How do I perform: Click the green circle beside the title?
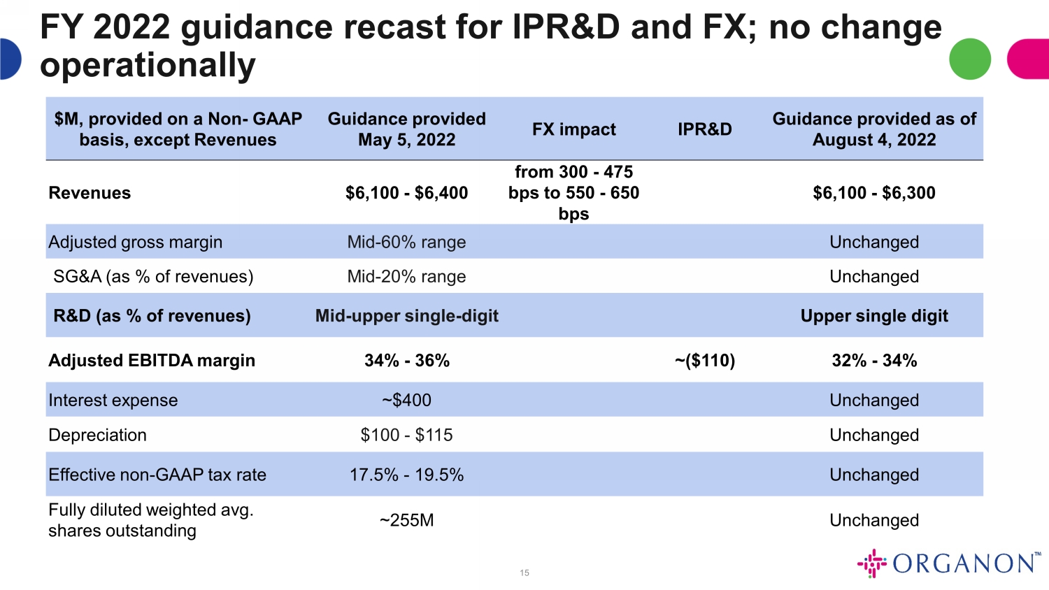pyautogui.click(x=970, y=59)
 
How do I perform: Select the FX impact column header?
pyautogui.click(x=573, y=129)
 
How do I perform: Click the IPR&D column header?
pyautogui.click(x=705, y=129)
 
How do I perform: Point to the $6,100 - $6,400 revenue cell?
pyautogui.click(x=406, y=193)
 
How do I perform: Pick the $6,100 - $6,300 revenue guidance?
pyautogui.click(x=874, y=193)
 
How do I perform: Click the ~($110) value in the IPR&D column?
pyautogui.click(x=705, y=361)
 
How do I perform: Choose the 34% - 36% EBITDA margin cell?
pyautogui.click(x=406, y=361)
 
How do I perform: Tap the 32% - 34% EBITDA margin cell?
pyautogui.click(x=874, y=361)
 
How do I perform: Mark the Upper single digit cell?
pyautogui.click(x=874, y=316)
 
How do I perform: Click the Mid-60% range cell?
pyautogui.click(x=406, y=242)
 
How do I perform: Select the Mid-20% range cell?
pyautogui.click(x=406, y=277)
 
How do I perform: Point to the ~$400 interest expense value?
pyautogui.click(x=406, y=401)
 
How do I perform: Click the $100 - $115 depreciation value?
pyautogui.click(x=406, y=435)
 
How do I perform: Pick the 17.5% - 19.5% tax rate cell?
pyautogui.click(x=406, y=475)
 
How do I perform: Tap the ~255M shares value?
pyautogui.click(x=406, y=520)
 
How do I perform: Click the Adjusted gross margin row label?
pyautogui.click(x=136, y=243)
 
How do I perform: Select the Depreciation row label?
pyautogui.click(x=97, y=436)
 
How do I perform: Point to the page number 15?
pyautogui.click(x=524, y=573)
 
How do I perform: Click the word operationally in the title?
pyautogui.click(x=148, y=65)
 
